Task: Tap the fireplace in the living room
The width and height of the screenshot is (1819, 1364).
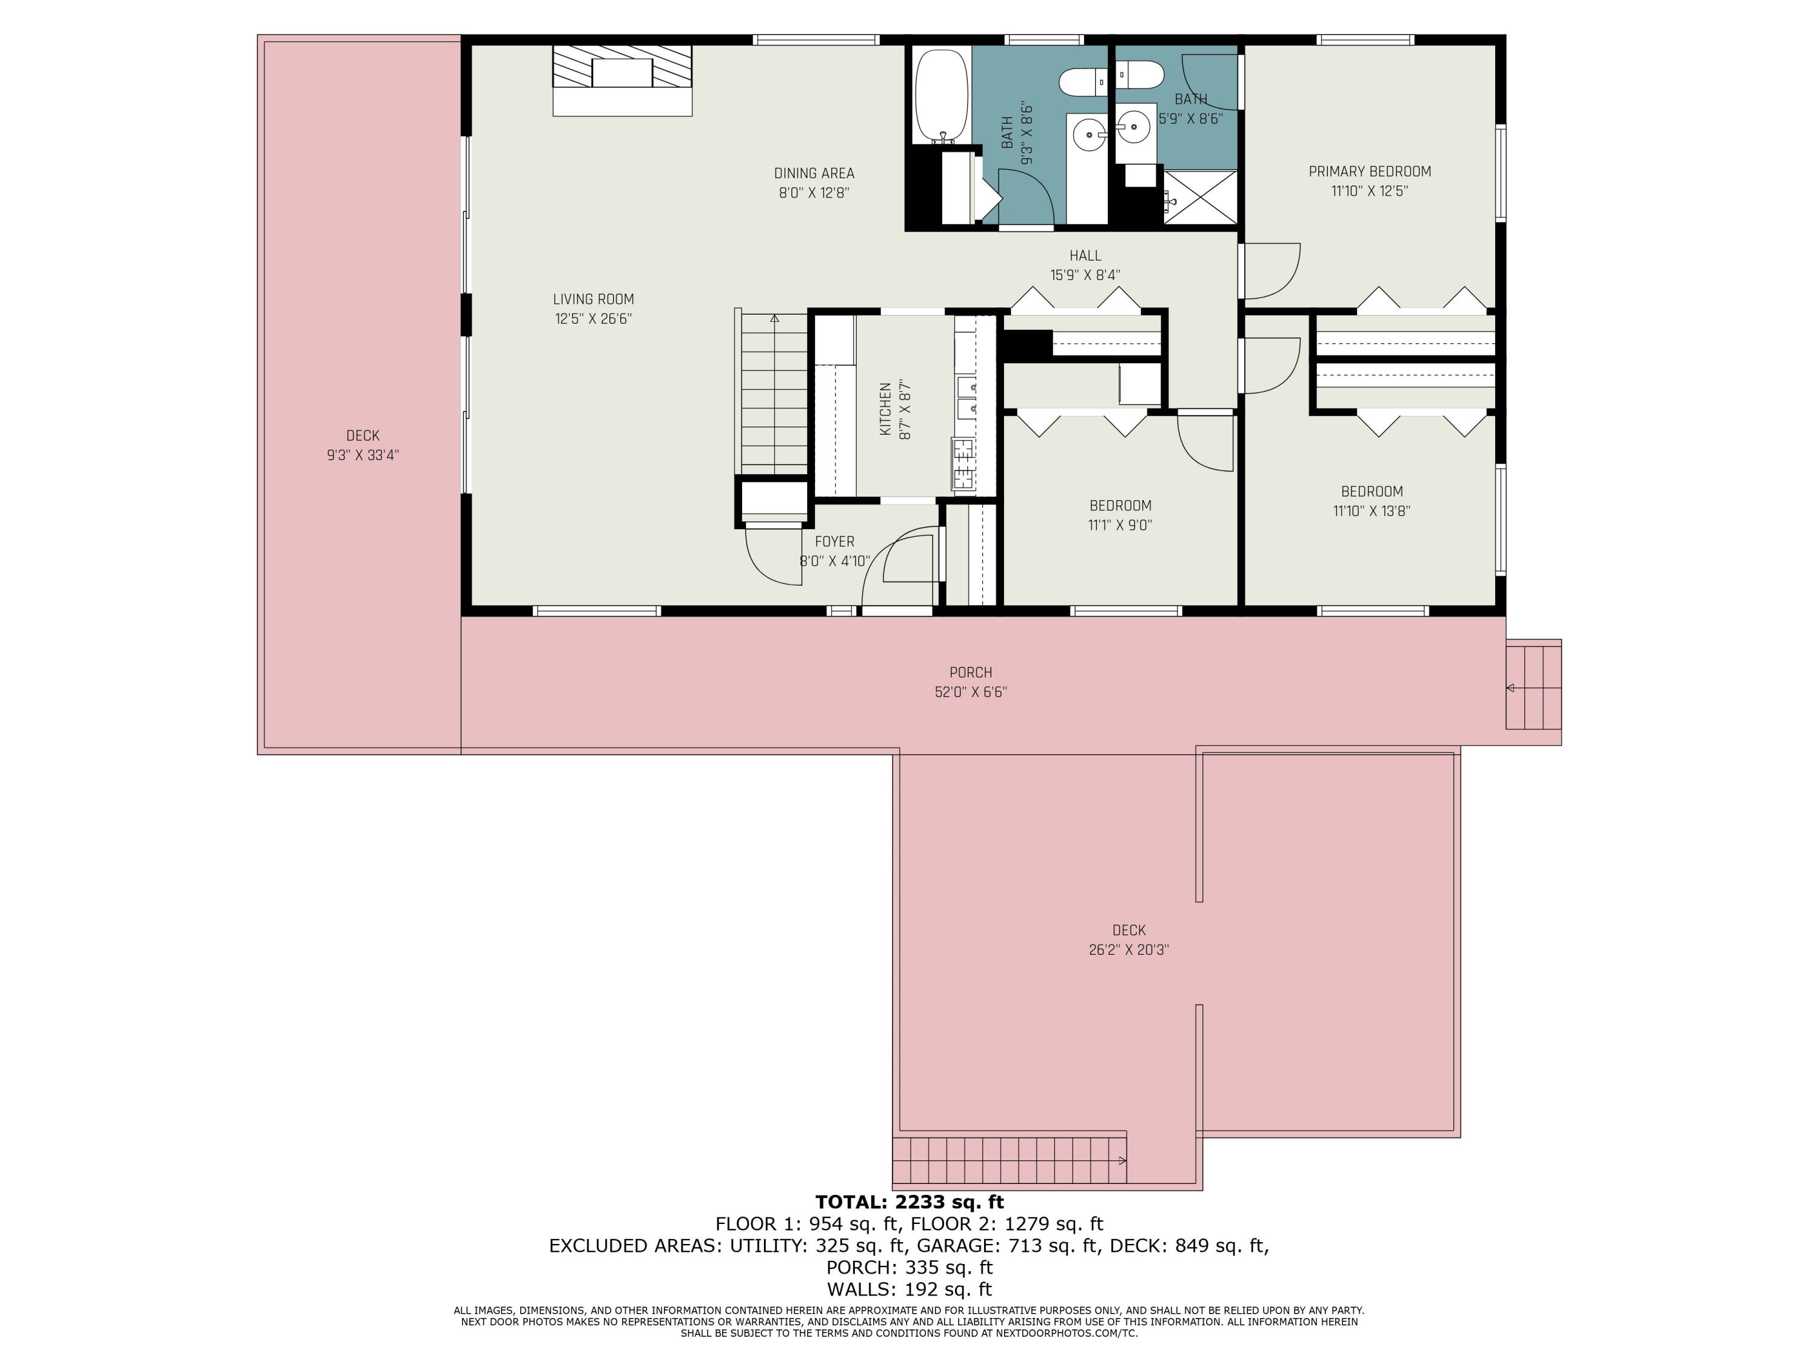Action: (x=621, y=80)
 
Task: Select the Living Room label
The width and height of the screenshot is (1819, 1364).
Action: (x=593, y=299)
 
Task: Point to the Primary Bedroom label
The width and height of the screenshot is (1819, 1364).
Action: (x=1370, y=171)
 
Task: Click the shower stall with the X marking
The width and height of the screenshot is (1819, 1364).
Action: (x=1200, y=197)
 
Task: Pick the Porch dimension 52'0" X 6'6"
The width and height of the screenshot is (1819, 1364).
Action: (x=970, y=692)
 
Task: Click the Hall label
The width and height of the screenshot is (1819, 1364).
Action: (x=1085, y=256)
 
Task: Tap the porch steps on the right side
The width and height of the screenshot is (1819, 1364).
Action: (x=1533, y=687)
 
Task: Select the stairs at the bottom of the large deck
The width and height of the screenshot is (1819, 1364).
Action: (x=1010, y=1160)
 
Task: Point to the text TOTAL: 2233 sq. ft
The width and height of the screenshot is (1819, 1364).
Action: (x=909, y=1202)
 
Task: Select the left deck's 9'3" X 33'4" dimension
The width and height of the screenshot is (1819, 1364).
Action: (x=363, y=455)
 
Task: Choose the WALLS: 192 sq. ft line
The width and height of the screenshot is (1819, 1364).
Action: (x=909, y=1289)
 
